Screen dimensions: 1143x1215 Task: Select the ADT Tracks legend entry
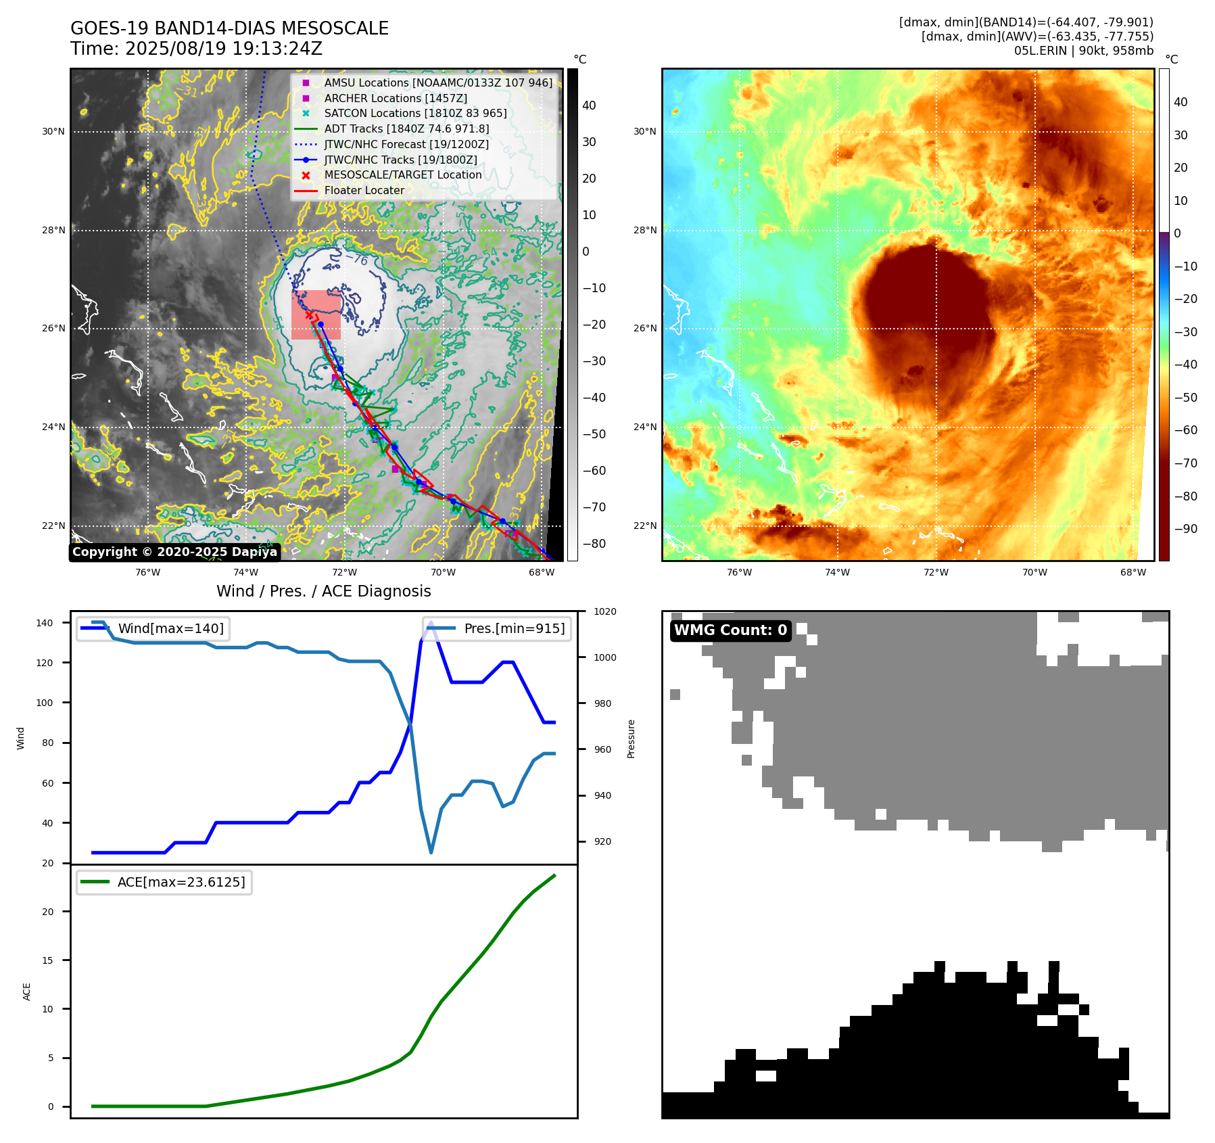point(406,129)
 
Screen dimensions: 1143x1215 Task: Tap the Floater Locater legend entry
point(364,190)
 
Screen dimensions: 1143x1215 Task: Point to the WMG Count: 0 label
point(730,630)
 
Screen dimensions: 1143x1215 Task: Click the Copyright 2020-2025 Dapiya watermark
point(174,552)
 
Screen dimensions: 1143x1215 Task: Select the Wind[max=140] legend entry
point(170,628)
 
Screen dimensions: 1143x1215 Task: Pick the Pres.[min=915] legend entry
point(514,628)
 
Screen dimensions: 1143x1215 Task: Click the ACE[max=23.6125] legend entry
point(181,882)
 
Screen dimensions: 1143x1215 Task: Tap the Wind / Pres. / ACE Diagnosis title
point(323,591)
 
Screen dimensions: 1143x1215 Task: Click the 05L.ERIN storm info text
point(1083,51)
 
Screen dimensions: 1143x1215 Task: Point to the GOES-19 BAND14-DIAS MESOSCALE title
point(229,28)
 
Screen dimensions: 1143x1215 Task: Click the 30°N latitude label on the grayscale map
point(53,132)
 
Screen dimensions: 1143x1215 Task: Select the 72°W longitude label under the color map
point(936,572)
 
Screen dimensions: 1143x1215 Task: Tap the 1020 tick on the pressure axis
point(604,611)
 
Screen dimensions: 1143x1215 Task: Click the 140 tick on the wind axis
point(45,623)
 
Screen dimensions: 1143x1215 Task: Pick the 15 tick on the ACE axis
point(47,960)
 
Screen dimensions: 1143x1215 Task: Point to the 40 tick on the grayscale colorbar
point(589,106)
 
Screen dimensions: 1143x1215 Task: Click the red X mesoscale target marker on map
point(309,314)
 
